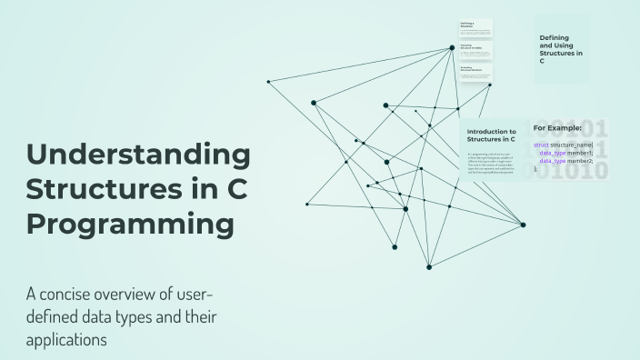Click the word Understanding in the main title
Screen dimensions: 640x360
pos(137,155)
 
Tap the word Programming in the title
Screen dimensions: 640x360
pos(129,224)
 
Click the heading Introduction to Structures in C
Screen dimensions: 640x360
pos(491,136)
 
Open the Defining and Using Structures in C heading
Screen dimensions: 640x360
pos(561,49)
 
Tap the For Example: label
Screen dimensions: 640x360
pos(557,128)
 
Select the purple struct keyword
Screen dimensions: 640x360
pos(541,145)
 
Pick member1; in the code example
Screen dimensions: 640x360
pos(581,154)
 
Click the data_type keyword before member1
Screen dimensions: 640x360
pos(553,154)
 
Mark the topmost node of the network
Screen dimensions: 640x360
pos(452,47)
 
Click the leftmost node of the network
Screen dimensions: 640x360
pos(268,82)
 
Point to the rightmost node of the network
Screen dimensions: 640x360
pos(523,225)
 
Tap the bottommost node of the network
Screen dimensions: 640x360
pos(429,266)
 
